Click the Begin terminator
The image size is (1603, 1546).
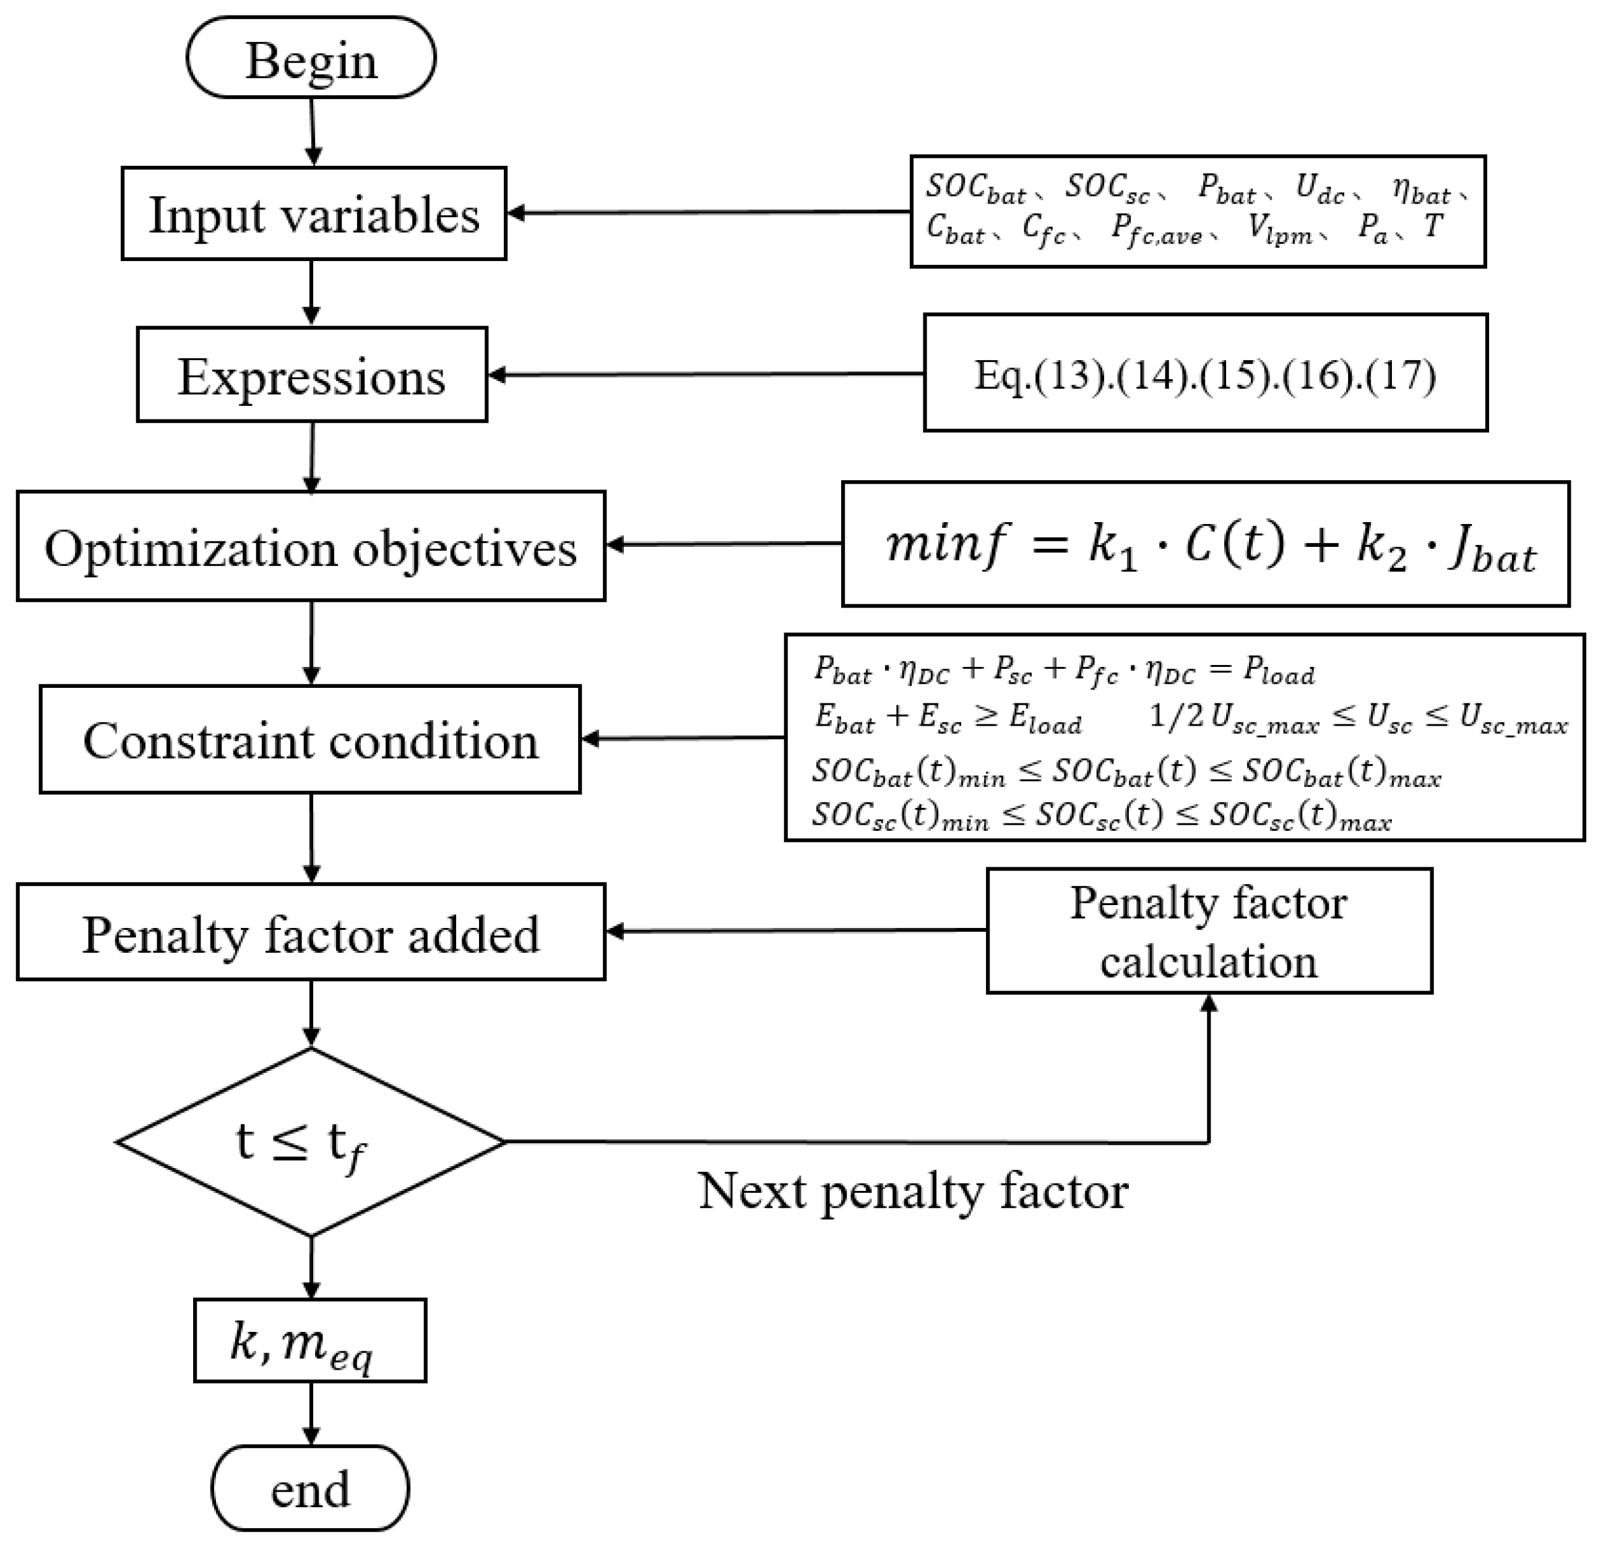click(x=311, y=59)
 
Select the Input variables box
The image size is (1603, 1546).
click(x=313, y=214)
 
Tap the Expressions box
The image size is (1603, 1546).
click(x=311, y=376)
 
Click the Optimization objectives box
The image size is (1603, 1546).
click(x=311, y=546)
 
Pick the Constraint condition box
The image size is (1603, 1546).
click(x=310, y=740)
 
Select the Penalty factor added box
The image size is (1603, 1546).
click(x=311, y=933)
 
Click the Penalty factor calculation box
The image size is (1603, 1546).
click(x=1209, y=931)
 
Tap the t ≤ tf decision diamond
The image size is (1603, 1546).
click(x=310, y=1142)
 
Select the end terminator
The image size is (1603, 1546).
click(x=310, y=1488)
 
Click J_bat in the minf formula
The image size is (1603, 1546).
click(x=1493, y=549)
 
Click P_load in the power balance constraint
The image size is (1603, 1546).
click(x=1279, y=671)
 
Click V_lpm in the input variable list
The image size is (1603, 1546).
click(x=1278, y=229)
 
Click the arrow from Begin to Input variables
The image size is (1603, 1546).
click(x=313, y=131)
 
